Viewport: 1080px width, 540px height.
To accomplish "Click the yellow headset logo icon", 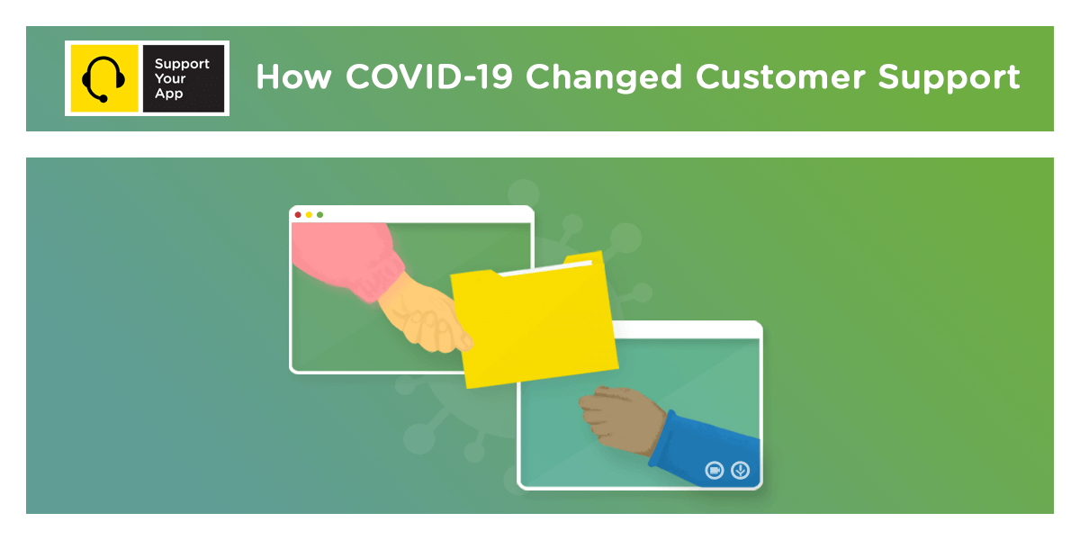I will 103,78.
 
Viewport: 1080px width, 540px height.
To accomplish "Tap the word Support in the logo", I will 182,64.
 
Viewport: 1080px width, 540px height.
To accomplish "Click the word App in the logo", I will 168,94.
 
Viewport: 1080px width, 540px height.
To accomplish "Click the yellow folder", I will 535,324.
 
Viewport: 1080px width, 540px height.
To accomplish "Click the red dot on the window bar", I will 298,214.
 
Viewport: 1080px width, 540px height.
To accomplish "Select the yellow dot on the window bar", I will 309,214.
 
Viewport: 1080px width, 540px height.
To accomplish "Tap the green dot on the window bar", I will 319,214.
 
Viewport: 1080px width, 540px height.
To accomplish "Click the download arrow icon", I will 740,469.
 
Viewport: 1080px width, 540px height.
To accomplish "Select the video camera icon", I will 715,469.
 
